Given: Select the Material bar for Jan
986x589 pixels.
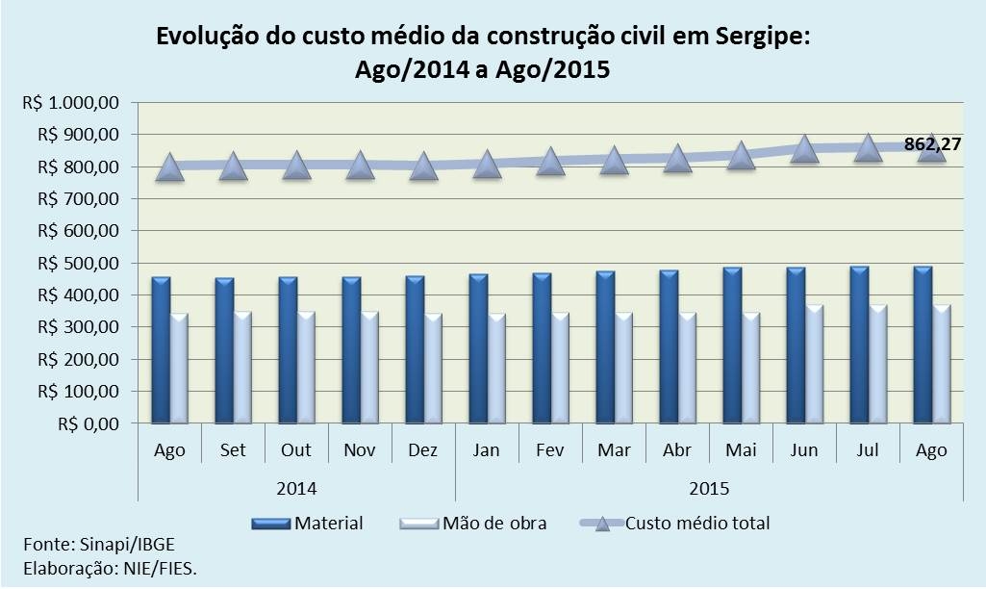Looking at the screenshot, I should tap(478, 348).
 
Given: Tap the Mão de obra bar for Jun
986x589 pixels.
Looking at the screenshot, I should tap(815, 364).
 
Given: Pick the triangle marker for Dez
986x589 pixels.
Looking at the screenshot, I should tap(423, 166).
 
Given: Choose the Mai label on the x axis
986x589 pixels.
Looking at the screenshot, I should tap(741, 450).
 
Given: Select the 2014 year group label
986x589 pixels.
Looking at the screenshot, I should tap(296, 488).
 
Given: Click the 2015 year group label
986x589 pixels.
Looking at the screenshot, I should tap(709, 488).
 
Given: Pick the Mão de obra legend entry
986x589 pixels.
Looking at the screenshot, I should tap(472, 524).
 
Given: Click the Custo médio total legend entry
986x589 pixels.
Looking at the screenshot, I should tap(675, 524).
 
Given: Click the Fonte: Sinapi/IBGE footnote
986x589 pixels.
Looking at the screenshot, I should tap(86, 545).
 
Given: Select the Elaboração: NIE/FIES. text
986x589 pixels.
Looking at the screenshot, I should tap(109, 568).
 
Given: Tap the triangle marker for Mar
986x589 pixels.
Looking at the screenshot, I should tap(614, 160).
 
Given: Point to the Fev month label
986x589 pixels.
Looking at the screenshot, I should tap(550, 450).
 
